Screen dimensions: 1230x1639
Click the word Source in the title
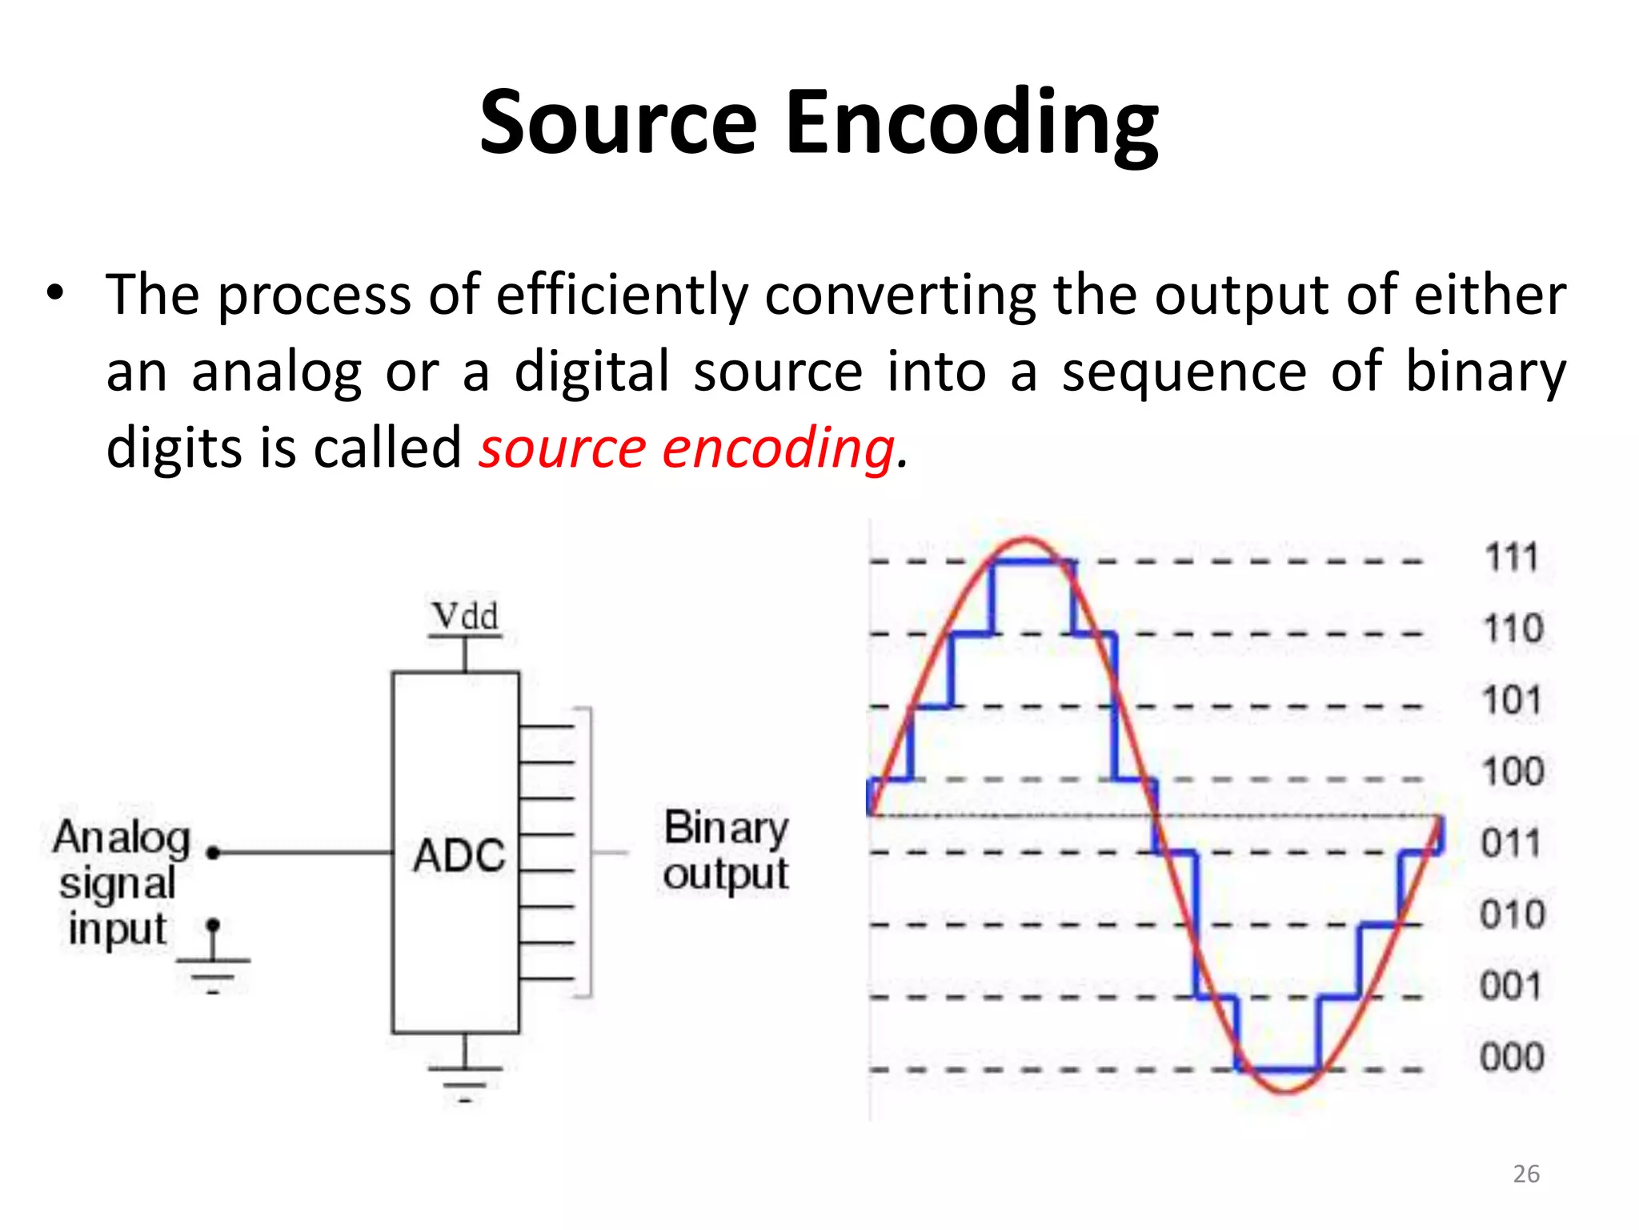(x=618, y=123)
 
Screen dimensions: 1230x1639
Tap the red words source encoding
(x=687, y=448)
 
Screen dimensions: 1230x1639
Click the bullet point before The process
(x=54, y=293)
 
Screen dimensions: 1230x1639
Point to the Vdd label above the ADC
(x=465, y=617)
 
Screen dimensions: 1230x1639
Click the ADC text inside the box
(x=459, y=854)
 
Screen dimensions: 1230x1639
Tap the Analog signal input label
(x=120, y=882)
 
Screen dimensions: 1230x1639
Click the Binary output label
(x=726, y=850)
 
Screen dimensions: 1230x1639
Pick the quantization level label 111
(x=1512, y=557)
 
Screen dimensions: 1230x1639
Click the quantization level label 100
(x=1512, y=772)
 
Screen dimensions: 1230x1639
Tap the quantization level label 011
(x=1510, y=843)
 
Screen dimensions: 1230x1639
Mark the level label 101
(x=1512, y=701)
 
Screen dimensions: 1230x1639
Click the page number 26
(x=1526, y=1174)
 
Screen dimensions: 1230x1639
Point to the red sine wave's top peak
(x=1027, y=539)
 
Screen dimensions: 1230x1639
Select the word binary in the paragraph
(x=1485, y=372)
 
